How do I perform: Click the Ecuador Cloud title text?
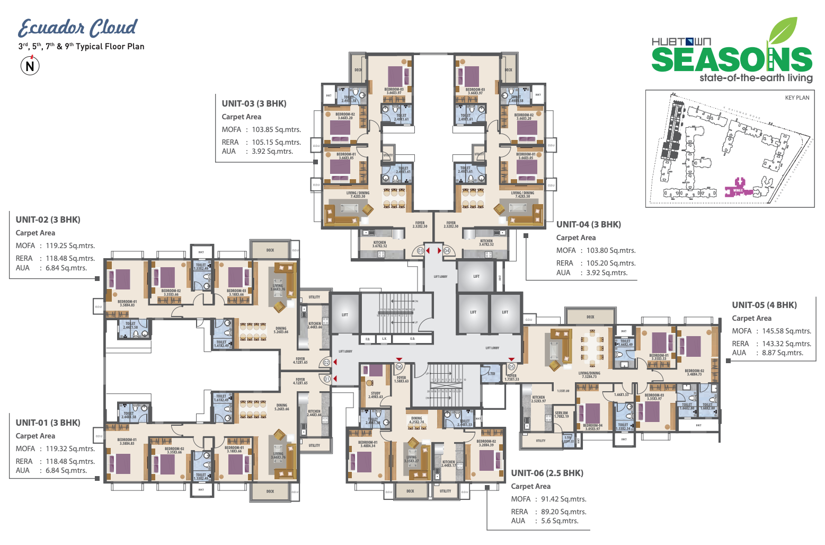[x=77, y=28]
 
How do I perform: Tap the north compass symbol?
[x=30, y=66]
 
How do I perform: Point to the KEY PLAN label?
[x=797, y=98]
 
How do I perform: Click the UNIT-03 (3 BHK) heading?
[x=254, y=104]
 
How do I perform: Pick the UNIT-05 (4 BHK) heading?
[x=764, y=305]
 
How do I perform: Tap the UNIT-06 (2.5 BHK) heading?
[x=547, y=473]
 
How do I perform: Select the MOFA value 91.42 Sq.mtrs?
[x=563, y=499]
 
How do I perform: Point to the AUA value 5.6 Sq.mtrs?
[x=560, y=521]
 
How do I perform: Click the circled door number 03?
[x=421, y=251]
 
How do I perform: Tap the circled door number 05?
[x=511, y=367]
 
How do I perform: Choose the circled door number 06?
[x=400, y=367]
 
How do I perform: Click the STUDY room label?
[x=376, y=394]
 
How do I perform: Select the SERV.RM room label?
[x=561, y=414]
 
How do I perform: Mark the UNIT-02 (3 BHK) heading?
[x=48, y=220]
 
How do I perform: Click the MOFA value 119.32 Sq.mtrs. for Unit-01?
[x=70, y=449]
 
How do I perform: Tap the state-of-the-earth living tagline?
[x=756, y=78]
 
